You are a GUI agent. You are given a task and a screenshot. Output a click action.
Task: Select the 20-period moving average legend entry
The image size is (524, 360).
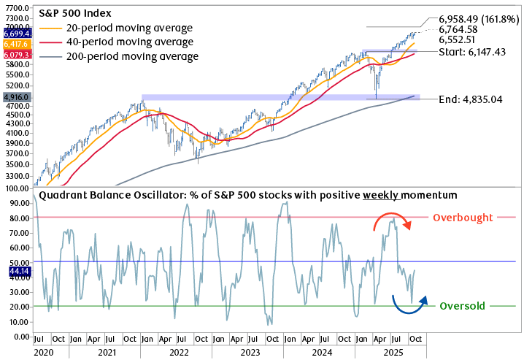pyautogui.click(x=120, y=28)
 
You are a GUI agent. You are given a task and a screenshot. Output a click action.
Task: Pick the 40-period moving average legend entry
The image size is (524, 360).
pyautogui.click(x=120, y=42)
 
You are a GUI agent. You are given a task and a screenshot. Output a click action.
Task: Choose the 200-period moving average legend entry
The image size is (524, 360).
pyautogui.click(x=123, y=56)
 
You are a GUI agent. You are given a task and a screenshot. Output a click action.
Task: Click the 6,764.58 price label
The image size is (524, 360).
pyautogui.click(x=462, y=28)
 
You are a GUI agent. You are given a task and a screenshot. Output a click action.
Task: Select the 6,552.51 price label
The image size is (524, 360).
pyautogui.click(x=462, y=40)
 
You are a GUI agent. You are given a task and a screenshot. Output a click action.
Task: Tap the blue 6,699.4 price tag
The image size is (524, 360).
pyautogui.click(x=16, y=34)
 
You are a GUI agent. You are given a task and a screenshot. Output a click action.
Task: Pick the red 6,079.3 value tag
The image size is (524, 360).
pyautogui.click(x=16, y=55)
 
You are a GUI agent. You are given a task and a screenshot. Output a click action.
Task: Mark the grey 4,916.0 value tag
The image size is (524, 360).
pyautogui.click(x=16, y=96)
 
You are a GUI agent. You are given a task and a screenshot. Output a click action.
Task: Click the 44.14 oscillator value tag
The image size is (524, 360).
pyautogui.click(x=16, y=271)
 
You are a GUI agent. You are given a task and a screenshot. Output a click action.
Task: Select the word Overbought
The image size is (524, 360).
pyautogui.click(x=463, y=218)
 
